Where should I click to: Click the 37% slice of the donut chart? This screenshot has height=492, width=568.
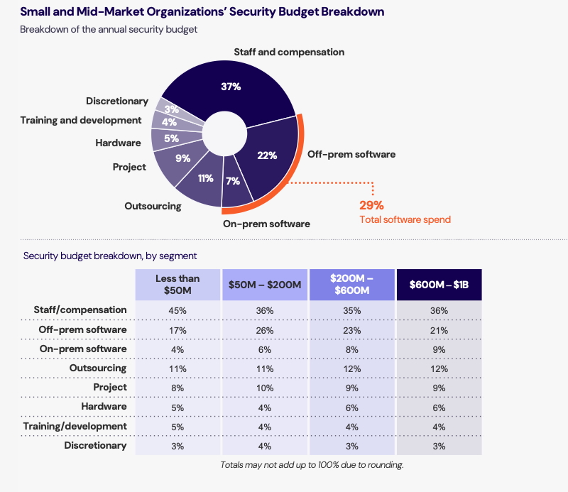(x=231, y=87)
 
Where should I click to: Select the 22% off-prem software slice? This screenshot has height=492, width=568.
(x=268, y=156)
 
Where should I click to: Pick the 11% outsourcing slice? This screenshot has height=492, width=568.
(x=205, y=178)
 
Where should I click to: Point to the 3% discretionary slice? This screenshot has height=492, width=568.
(x=171, y=109)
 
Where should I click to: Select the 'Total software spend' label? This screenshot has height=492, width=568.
(x=405, y=219)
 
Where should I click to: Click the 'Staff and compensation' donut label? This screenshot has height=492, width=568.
(x=289, y=52)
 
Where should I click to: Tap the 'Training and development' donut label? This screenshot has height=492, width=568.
(x=81, y=120)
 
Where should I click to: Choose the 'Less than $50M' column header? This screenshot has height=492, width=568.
(x=177, y=285)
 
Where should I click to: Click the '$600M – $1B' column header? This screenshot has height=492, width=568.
(x=439, y=285)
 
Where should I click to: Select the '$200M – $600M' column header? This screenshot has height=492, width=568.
(x=351, y=285)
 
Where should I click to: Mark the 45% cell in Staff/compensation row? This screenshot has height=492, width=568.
(x=177, y=310)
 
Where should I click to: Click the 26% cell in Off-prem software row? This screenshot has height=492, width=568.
(x=265, y=330)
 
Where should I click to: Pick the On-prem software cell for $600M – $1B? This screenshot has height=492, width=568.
(x=439, y=349)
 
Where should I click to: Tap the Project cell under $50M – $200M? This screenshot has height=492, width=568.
(x=265, y=388)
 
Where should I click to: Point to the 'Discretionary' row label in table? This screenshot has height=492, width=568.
(x=95, y=445)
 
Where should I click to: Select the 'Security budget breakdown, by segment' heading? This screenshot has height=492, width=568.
(x=110, y=256)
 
